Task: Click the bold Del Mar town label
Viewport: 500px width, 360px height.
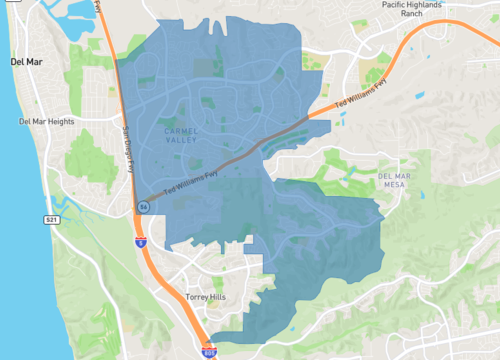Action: pyautogui.click(x=27, y=62)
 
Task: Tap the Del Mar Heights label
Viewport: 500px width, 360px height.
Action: pyautogui.click(x=47, y=122)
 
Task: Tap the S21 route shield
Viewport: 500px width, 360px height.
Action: pyautogui.click(x=51, y=218)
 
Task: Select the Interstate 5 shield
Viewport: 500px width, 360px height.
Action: pyautogui.click(x=141, y=241)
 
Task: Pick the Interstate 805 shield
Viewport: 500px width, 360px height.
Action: pyautogui.click(x=209, y=350)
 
